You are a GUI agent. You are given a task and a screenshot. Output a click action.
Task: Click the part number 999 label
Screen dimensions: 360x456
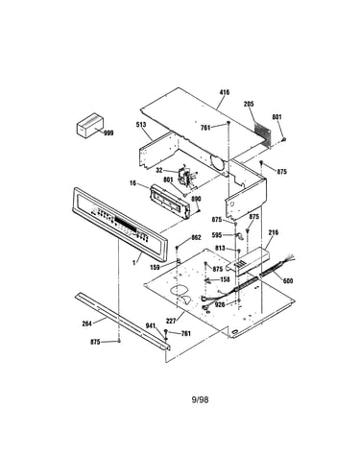[x=108, y=132]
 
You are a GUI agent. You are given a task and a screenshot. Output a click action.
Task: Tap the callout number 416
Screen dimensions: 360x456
[x=225, y=92]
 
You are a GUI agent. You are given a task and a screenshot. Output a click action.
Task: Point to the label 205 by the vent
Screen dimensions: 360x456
[x=249, y=104]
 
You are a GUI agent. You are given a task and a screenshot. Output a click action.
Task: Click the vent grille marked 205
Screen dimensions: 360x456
[x=262, y=131]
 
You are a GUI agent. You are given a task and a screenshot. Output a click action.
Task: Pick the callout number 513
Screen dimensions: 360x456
[x=141, y=125]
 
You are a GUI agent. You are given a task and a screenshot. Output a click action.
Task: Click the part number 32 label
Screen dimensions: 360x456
[x=159, y=170]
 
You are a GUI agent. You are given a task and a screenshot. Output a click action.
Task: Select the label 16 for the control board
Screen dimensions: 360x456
[x=132, y=183]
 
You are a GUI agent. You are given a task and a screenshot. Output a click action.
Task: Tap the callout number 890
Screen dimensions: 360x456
[x=196, y=199]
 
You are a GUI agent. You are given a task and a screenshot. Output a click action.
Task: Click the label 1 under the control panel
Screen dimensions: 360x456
[x=134, y=263]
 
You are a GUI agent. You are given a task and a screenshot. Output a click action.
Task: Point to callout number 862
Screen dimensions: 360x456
[x=196, y=237]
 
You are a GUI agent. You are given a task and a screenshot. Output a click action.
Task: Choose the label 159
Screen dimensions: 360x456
[x=155, y=267]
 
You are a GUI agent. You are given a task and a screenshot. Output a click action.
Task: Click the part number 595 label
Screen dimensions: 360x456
[x=217, y=235]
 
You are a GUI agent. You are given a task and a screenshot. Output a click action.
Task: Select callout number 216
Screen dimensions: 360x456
[x=274, y=232]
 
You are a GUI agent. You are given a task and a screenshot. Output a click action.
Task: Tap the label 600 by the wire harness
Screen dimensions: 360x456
[x=288, y=281]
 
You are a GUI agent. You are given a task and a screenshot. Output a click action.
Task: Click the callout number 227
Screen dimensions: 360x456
[x=171, y=321]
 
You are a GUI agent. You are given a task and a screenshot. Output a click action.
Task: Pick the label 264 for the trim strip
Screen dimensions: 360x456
[x=86, y=324]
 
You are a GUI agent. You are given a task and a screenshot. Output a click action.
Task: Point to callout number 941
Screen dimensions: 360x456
[x=151, y=326]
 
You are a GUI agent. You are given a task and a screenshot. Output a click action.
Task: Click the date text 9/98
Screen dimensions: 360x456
[x=200, y=399]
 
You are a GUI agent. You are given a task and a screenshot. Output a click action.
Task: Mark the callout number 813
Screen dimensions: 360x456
[x=220, y=249]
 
